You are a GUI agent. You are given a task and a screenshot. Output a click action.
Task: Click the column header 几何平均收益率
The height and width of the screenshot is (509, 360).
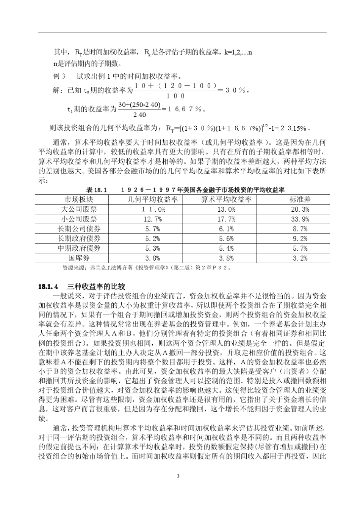[x=153, y=199]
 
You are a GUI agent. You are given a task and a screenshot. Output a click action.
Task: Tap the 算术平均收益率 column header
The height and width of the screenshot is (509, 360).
[x=226, y=199]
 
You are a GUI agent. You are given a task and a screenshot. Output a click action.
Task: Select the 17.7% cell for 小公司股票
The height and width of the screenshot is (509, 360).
[x=226, y=219]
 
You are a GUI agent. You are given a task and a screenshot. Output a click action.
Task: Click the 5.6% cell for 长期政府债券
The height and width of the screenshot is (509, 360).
[x=226, y=239]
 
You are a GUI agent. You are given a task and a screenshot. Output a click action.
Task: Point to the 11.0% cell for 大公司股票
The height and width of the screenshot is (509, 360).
[x=153, y=209]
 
